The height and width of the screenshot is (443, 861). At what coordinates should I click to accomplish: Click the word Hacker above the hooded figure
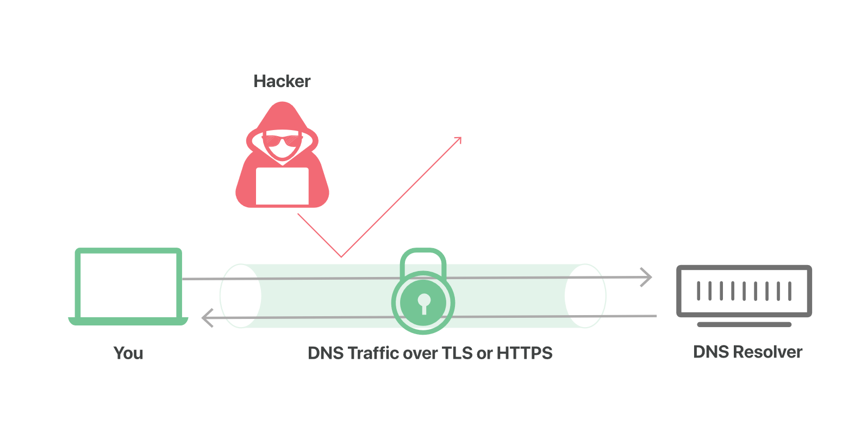282,82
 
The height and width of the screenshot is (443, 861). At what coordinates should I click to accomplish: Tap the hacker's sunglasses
282,140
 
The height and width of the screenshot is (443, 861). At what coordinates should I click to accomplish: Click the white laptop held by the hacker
282,186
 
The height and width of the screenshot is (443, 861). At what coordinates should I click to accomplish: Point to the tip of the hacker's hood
282,104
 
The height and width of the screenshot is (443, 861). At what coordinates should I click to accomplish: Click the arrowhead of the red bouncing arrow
459,139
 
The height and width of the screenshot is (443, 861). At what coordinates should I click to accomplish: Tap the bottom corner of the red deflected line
341,256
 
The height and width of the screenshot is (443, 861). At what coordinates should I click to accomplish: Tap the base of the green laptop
128,321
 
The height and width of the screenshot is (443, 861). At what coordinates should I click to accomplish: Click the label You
128,353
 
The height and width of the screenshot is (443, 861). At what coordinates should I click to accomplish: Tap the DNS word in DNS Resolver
711,352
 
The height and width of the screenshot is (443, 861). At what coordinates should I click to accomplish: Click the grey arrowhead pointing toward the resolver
647,278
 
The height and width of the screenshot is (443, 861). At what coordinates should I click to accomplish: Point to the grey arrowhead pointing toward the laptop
207,318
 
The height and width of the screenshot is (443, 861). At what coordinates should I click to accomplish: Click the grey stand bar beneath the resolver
744,324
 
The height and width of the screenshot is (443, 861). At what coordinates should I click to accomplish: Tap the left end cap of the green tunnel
240,296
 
